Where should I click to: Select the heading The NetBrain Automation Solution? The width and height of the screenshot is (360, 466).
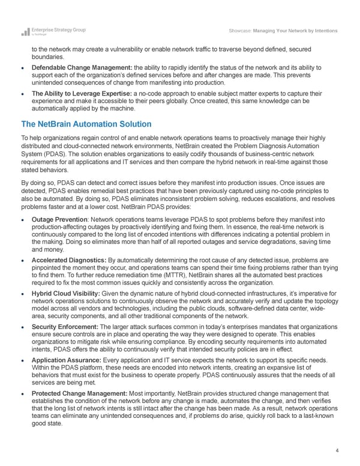click(x=86, y=124)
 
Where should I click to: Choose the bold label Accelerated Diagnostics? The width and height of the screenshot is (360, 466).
click(x=69, y=259)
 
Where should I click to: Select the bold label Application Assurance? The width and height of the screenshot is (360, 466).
click(x=68, y=360)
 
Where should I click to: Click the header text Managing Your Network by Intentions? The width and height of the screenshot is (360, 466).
click(x=296, y=31)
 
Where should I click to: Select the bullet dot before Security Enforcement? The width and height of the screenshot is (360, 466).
click(x=23, y=327)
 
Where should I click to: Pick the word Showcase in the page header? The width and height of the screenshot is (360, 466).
click(x=241, y=31)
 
